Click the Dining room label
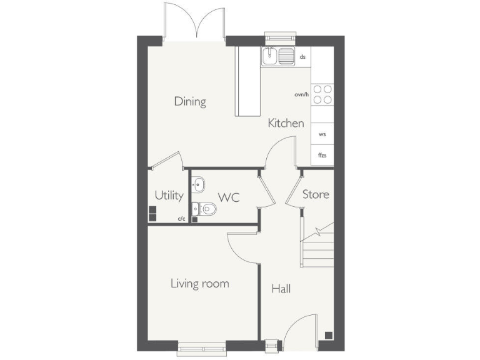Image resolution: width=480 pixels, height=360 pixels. pyautogui.click(x=190, y=101)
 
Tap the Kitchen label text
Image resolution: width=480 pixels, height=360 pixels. pyautogui.click(x=286, y=123)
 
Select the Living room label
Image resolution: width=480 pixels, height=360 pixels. pyautogui.click(x=199, y=284)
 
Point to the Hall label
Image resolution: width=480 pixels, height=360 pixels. pyautogui.click(x=281, y=289)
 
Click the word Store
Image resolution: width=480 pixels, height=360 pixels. pyautogui.click(x=316, y=194)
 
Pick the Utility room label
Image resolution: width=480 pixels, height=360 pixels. pyautogui.click(x=169, y=196)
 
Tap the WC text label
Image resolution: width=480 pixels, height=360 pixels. pyautogui.click(x=228, y=197)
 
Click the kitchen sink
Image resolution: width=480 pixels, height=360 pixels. pyautogui.click(x=278, y=57)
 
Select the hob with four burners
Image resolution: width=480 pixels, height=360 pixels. pyautogui.click(x=322, y=94)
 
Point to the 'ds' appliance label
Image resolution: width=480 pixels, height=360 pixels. pyautogui.click(x=302, y=57)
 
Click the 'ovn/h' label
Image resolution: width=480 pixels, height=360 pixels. pyautogui.click(x=302, y=94)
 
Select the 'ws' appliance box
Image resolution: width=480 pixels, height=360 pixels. pyautogui.click(x=322, y=134)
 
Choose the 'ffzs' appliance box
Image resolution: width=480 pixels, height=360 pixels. pyautogui.click(x=322, y=154)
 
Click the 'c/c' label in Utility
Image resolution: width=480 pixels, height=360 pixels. pyautogui.click(x=181, y=219)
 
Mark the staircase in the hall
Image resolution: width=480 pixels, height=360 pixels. pyautogui.click(x=317, y=246)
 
